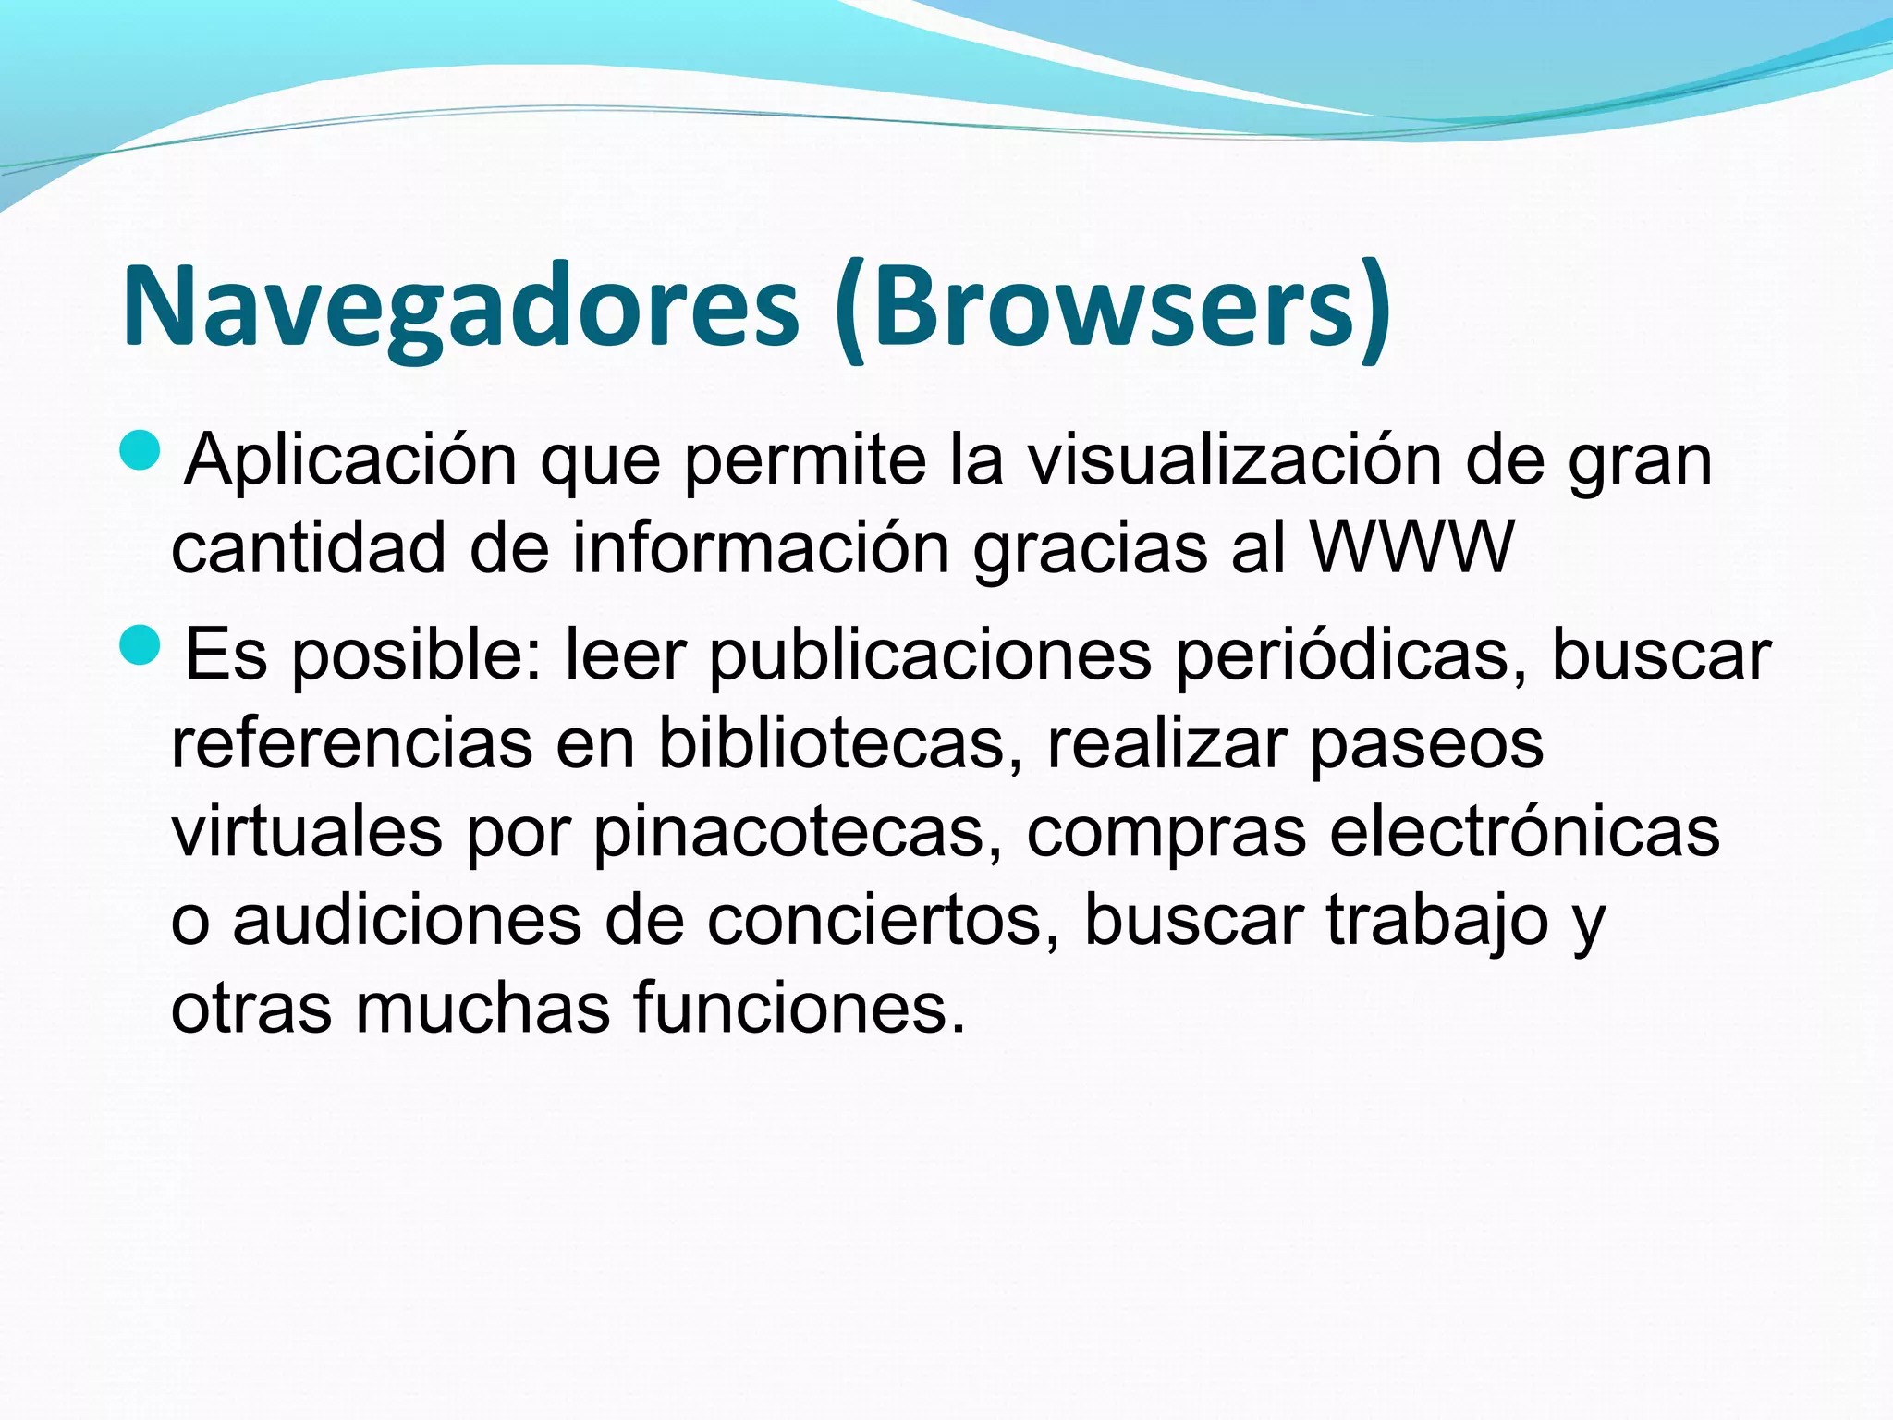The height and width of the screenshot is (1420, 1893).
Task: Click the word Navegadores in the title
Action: click(459, 307)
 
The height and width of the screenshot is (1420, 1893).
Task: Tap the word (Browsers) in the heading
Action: click(1111, 307)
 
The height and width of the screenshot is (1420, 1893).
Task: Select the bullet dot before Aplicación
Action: click(140, 450)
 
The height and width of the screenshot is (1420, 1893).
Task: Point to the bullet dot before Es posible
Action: click(140, 644)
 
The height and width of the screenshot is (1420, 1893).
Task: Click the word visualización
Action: click(1235, 459)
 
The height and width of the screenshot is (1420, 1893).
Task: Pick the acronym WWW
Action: click(1412, 548)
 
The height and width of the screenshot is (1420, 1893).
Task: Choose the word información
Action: click(761, 548)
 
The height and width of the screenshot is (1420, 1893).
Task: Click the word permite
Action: click(805, 461)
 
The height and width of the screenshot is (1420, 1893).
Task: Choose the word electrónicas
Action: click(1524, 831)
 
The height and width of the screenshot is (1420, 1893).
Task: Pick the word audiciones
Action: click(407, 920)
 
